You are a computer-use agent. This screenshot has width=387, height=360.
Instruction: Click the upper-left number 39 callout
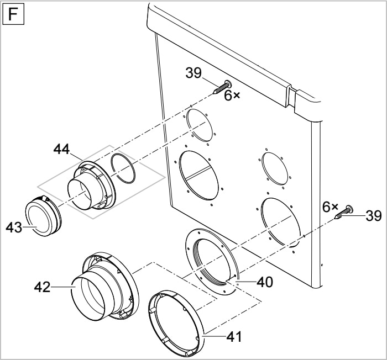point(193,73)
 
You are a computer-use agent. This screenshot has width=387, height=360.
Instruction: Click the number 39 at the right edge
point(374,216)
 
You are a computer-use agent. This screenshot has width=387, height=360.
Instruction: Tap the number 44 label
point(62,149)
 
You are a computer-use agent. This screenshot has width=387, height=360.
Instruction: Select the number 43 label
point(14,227)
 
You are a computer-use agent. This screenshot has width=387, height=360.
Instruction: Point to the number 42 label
point(42,287)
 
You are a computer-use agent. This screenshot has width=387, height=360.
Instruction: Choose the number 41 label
point(234,336)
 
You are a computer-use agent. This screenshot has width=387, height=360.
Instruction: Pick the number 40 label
point(265,282)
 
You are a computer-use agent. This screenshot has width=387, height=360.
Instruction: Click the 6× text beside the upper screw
point(232,96)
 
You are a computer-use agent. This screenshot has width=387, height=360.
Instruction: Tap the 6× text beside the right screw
point(330,207)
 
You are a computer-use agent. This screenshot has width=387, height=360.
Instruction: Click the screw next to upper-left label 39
point(222,87)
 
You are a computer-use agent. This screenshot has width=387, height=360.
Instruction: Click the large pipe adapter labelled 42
point(105,286)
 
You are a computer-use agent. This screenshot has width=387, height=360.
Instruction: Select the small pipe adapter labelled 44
point(91,185)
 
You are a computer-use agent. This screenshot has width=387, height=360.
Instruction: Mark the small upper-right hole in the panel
point(275,168)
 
